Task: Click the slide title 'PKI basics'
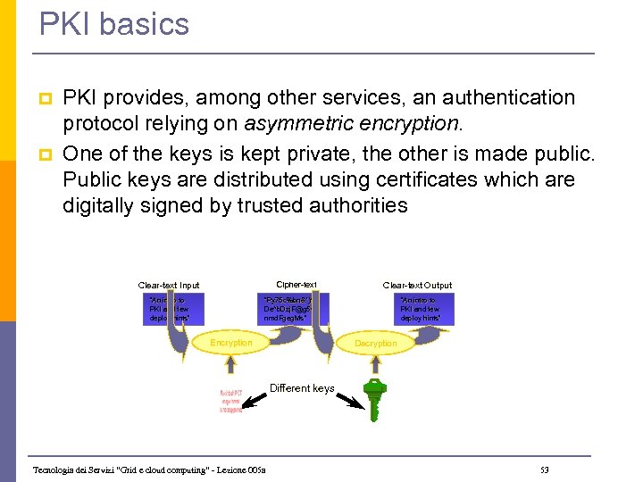click(114, 24)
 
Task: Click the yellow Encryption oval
click(230, 343)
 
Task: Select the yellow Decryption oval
click(375, 343)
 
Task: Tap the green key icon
click(372, 399)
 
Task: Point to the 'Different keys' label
click(302, 388)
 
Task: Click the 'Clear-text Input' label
click(169, 286)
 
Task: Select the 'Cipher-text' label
click(296, 285)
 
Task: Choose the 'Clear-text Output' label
click(417, 286)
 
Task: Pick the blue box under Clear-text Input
click(174, 310)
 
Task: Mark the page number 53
click(545, 470)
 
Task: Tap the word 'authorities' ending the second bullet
click(358, 206)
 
